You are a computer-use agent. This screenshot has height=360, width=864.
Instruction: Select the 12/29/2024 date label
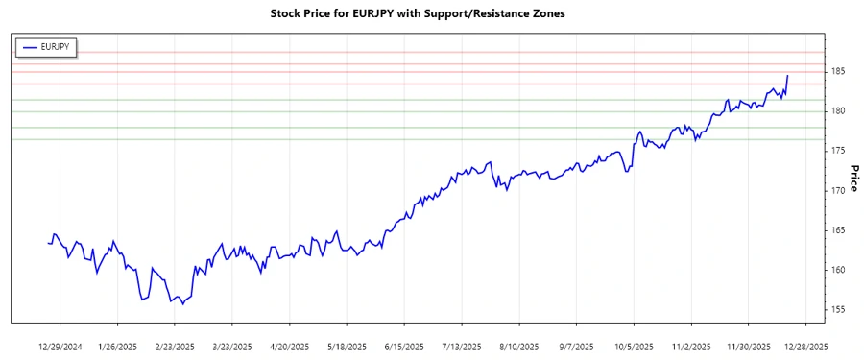coord(60,347)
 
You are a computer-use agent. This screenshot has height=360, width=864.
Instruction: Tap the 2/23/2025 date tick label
coord(175,347)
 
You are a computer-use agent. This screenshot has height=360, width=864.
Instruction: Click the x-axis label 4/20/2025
coord(289,347)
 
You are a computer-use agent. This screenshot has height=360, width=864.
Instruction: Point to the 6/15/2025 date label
coord(403,347)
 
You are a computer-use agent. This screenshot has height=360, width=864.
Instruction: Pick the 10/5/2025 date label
coord(633,347)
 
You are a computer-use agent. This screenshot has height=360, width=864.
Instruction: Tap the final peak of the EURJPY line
coord(787,75)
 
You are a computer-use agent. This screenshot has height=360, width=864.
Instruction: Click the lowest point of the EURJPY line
coord(182,304)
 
